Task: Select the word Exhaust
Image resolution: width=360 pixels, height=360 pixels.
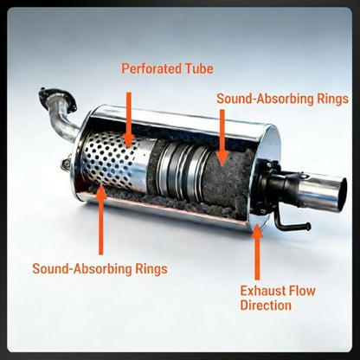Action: (261, 291)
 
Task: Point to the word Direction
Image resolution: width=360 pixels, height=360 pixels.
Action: (266, 305)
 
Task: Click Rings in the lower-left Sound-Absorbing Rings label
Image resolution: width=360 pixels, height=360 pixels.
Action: (151, 269)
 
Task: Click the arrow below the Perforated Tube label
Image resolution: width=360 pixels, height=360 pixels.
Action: (129, 119)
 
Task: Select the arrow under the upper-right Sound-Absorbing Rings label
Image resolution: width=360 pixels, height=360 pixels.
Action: (222, 138)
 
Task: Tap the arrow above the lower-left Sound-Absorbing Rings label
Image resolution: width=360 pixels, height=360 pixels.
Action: (100, 220)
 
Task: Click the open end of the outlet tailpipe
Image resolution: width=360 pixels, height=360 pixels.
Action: (344, 191)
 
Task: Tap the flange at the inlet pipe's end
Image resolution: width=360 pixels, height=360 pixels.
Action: (57, 98)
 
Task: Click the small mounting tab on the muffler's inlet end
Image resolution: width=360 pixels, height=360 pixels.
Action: (65, 164)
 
